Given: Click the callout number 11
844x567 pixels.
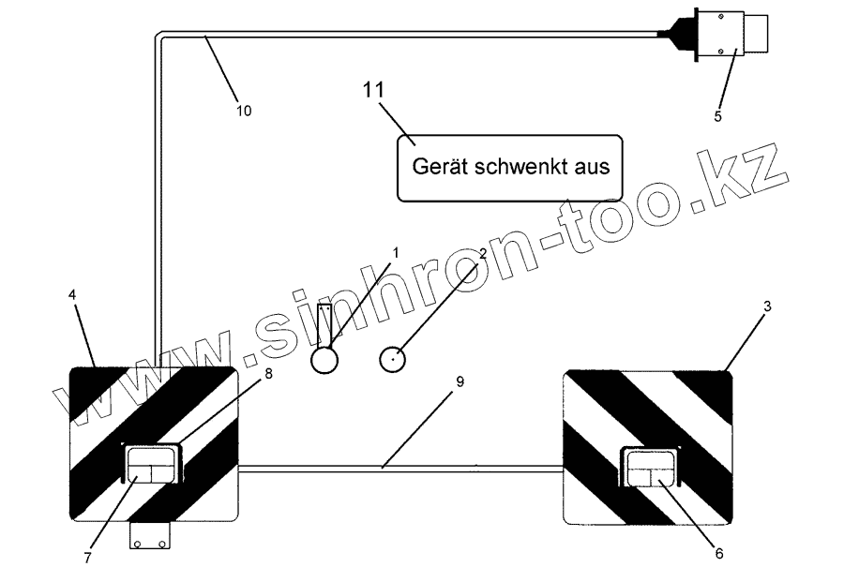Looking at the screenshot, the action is [x=374, y=92].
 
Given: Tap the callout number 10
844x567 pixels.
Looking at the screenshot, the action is [x=243, y=111].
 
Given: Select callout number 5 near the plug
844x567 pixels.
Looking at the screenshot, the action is [x=717, y=117].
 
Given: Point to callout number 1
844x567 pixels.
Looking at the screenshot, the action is [x=396, y=253].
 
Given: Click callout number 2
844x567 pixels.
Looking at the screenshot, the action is [x=482, y=254].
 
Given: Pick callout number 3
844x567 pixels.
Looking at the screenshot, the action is [x=767, y=306].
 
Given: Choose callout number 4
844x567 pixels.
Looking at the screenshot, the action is [x=72, y=294].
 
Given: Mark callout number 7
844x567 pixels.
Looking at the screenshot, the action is [x=86, y=557].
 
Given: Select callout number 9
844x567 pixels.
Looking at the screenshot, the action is [x=459, y=381].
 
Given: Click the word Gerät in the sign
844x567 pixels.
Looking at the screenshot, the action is [x=441, y=167].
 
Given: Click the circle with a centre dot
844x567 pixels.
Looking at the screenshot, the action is [x=394, y=357].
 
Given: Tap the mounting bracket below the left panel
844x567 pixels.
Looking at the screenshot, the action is [x=151, y=537].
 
